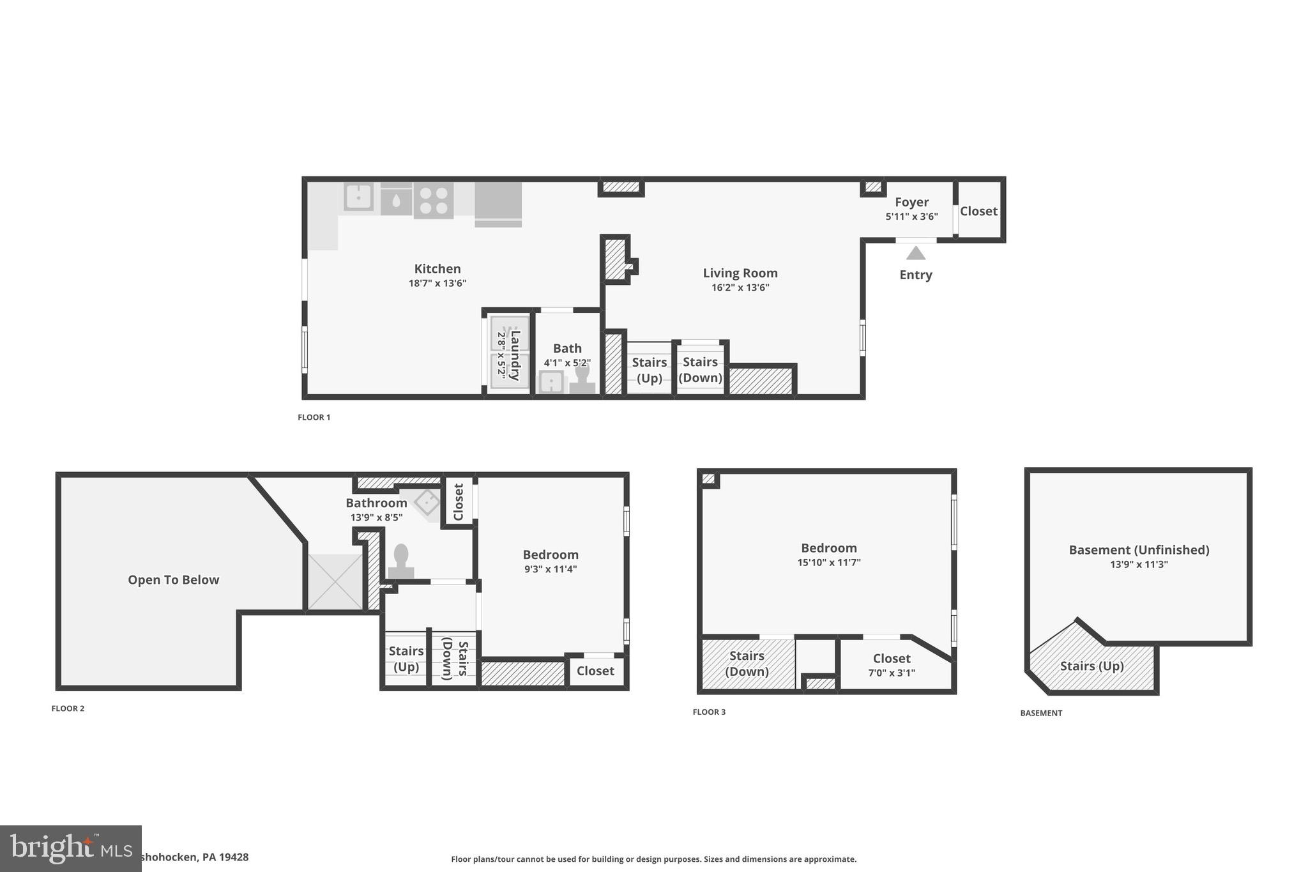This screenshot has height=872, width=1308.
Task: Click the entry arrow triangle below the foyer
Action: click(915, 254)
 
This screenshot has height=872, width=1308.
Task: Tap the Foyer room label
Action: click(911, 202)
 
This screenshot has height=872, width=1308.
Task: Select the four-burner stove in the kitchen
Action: click(433, 200)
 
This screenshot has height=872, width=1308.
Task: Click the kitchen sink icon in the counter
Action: click(358, 196)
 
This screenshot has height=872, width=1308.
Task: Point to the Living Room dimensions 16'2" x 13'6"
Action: click(740, 287)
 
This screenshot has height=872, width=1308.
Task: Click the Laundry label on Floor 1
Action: click(515, 355)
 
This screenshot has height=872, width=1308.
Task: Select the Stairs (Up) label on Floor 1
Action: click(649, 370)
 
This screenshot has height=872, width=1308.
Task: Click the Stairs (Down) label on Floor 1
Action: click(700, 369)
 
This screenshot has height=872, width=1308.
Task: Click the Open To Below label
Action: click(173, 579)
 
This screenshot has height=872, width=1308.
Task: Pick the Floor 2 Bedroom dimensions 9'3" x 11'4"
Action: click(551, 569)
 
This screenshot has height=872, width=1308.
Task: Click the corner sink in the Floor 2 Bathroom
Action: click(426, 501)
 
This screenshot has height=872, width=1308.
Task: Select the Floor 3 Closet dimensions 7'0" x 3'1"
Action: click(891, 673)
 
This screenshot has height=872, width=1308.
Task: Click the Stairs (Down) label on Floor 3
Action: click(747, 663)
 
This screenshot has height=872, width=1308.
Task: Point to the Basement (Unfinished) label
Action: click(1139, 549)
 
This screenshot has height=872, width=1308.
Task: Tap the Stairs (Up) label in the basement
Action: click(1091, 666)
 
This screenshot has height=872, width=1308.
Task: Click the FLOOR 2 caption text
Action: click(68, 708)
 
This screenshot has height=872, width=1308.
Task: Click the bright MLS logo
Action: click(70, 848)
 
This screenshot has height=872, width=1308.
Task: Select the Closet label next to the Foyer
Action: click(978, 211)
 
